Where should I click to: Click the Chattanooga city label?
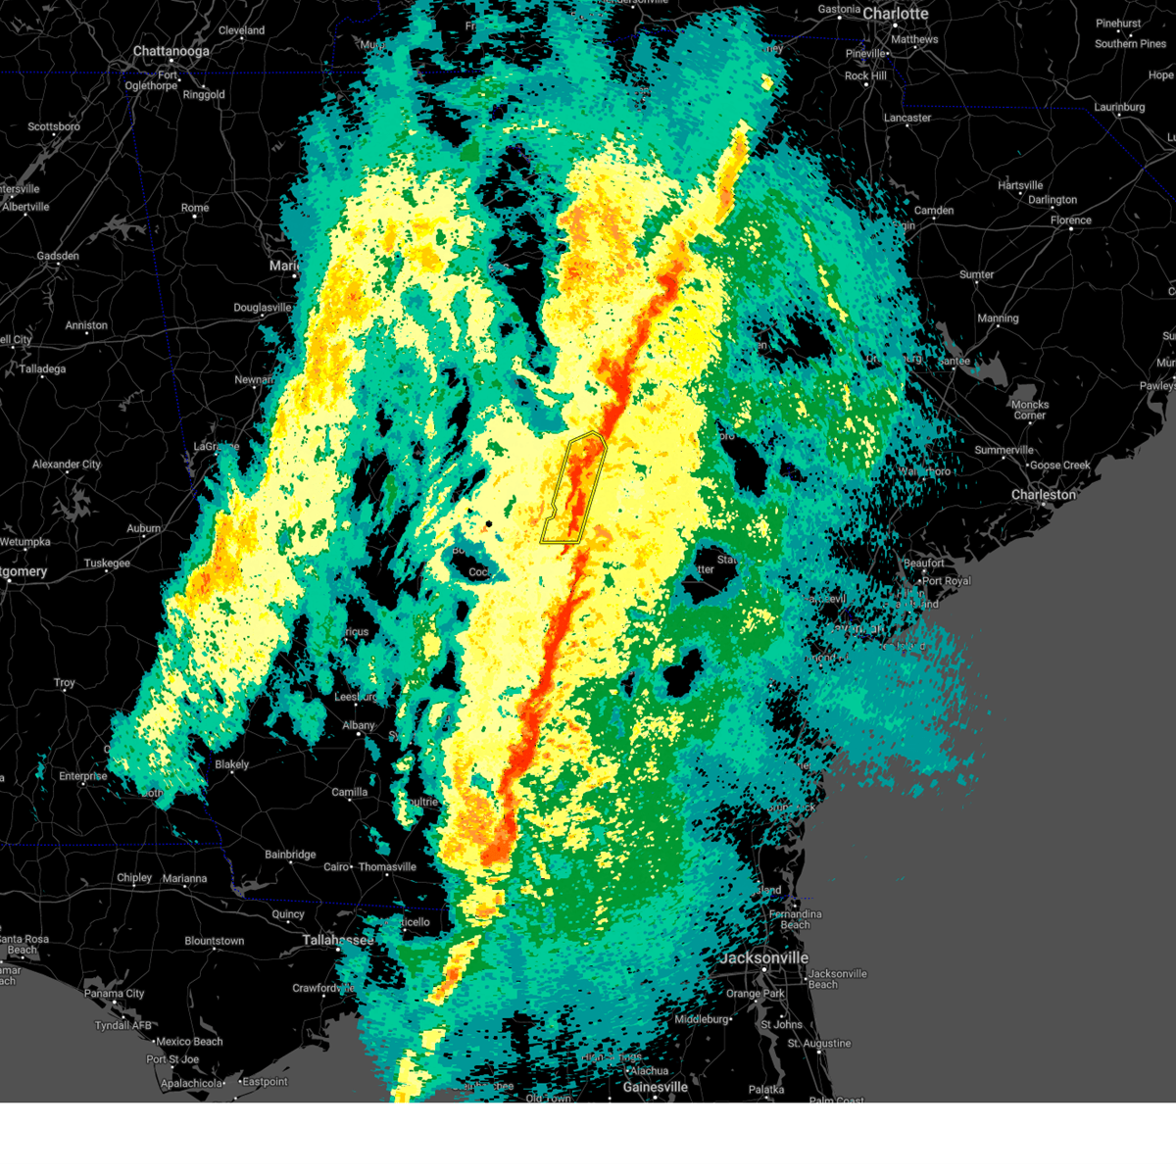click(171, 51)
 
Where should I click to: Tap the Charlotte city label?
click(895, 14)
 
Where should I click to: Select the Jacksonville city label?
click(764, 957)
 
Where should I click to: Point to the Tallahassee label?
click(338, 940)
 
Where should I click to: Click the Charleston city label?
click(1044, 495)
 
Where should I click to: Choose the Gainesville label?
click(655, 1087)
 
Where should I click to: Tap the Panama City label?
click(114, 994)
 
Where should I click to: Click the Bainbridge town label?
click(290, 855)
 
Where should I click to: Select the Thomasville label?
click(387, 867)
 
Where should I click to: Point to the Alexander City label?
click(67, 465)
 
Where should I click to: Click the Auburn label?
click(143, 529)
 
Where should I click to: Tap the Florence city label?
click(1070, 220)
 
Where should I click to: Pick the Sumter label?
click(976, 275)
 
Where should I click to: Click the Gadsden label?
click(58, 257)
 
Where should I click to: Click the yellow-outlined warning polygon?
click(574, 490)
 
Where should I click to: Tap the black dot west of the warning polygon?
click(489, 524)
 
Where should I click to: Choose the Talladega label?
click(42, 369)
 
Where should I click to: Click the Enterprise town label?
click(82, 776)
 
